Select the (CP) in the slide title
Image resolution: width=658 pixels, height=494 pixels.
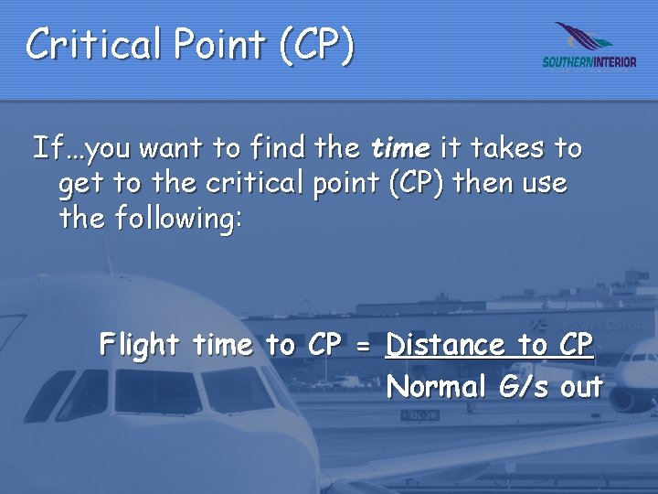pyautogui.click(x=316, y=44)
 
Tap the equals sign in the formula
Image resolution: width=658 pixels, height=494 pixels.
pyautogui.click(x=363, y=346)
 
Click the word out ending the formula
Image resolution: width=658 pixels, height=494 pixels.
pyautogui.click(x=581, y=387)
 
